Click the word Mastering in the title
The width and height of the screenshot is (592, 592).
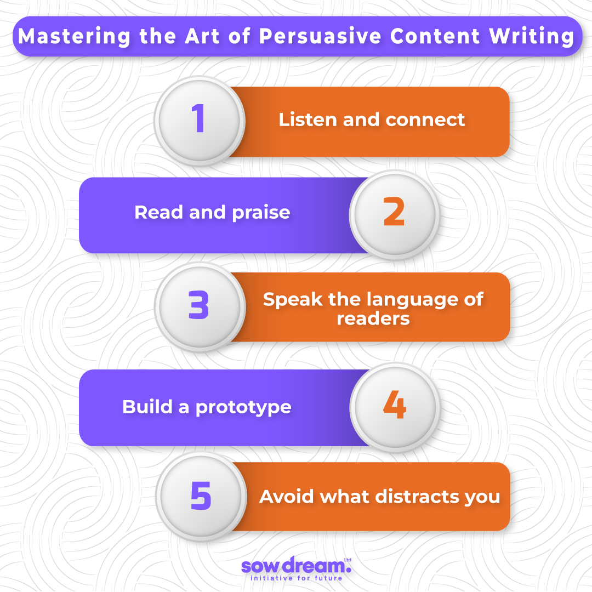click(x=74, y=37)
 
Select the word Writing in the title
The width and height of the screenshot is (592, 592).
click(x=532, y=37)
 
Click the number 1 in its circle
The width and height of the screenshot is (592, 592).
click(x=198, y=118)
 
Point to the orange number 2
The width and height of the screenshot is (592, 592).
click(x=394, y=212)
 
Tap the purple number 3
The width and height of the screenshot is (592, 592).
click(x=198, y=305)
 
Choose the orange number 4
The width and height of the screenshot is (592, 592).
click(x=395, y=405)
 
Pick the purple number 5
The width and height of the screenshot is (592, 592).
click(x=201, y=496)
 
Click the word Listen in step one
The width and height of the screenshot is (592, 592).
click(x=308, y=119)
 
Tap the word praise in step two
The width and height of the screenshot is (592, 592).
click(x=261, y=213)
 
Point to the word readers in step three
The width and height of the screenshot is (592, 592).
click(x=373, y=319)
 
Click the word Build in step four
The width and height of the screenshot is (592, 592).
click(x=147, y=407)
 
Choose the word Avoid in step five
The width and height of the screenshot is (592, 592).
click(x=287, y=497)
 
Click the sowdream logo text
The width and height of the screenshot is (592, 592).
click(x=296, y=565)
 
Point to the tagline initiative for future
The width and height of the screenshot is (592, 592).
click(x=297, y=578)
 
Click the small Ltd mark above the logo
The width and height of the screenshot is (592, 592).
click(x=348, y=560)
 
